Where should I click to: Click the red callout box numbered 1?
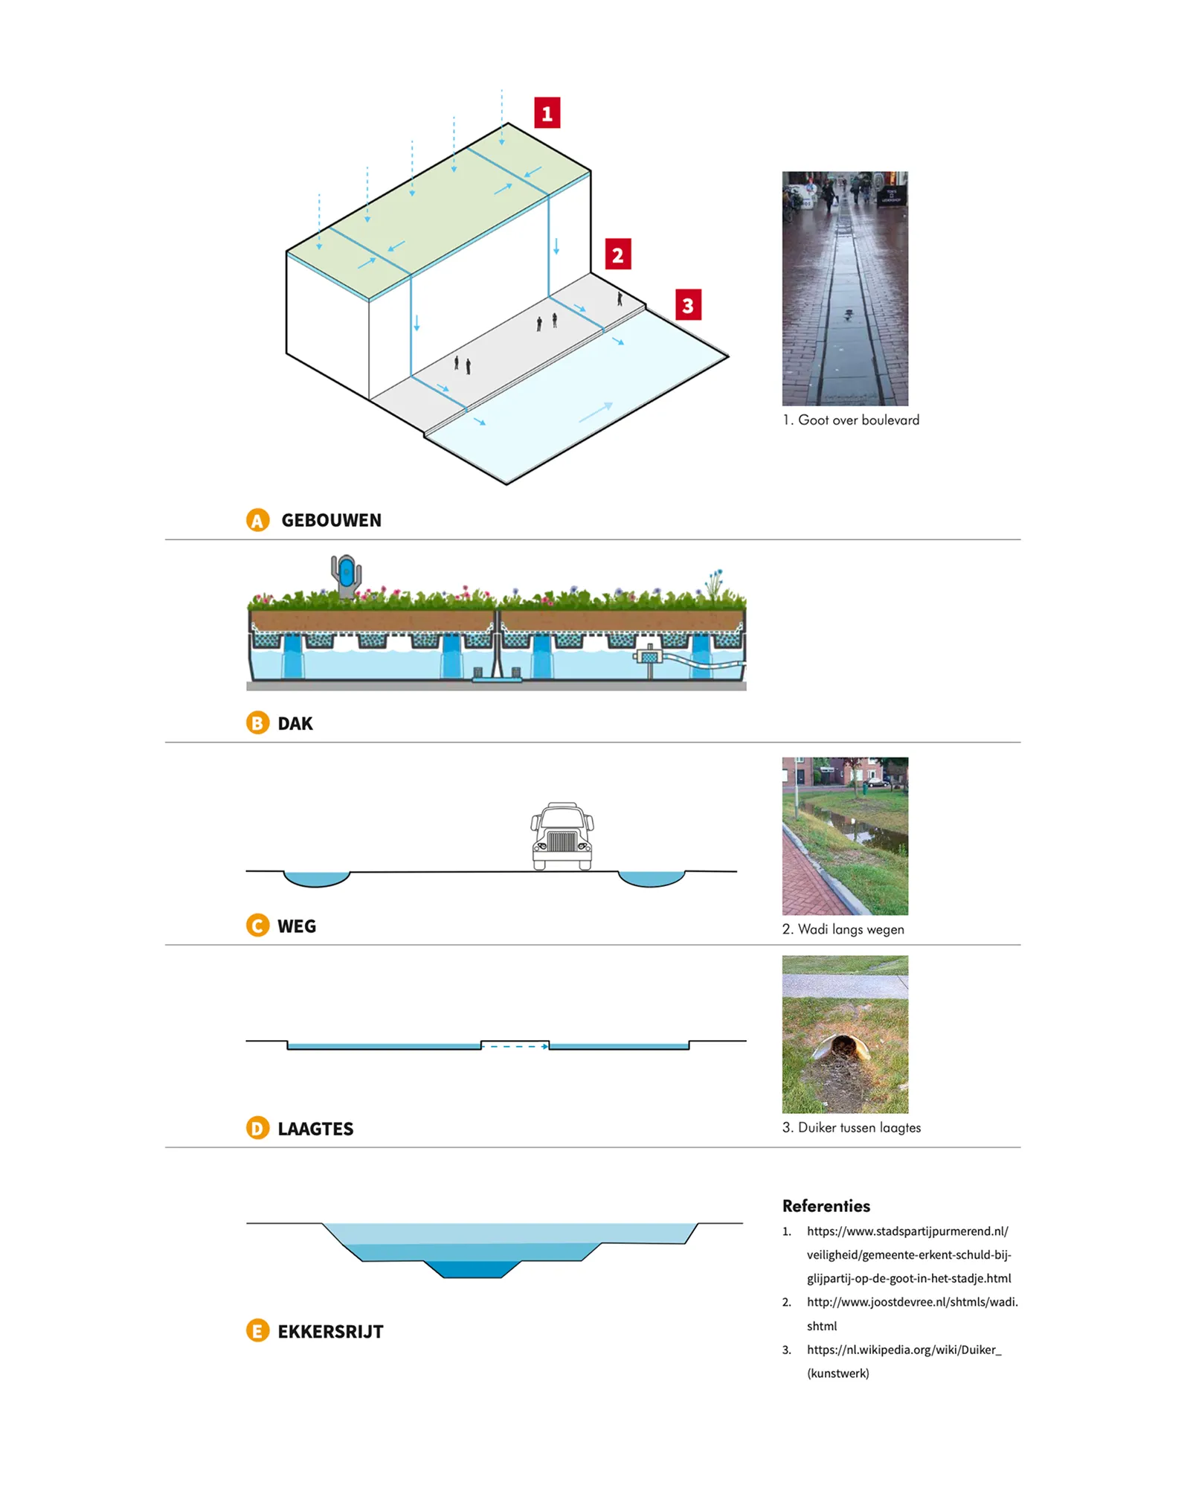click(x=547, y=113)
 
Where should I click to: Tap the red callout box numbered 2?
click(x=617, y=254)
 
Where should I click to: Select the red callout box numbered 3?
click(x=688, y=304)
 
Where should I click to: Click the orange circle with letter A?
click(x=257, y=520)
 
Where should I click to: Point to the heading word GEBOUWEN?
click(x=331, y=520)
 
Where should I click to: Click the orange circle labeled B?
click(x=257, y=722)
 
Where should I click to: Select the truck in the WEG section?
click(x=562, y=836)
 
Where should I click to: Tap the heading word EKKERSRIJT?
click(x=330, y=1331)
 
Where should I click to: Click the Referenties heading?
click(x=826, y=1205)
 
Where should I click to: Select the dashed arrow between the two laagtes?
click(x=515, y=1046)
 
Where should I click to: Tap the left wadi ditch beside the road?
click(x=317, y=879)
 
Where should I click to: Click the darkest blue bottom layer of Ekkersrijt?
click(x=472, y=1269)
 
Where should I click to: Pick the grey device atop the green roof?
click(x=346, y=575)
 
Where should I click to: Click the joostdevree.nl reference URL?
click(x=912, y=1302)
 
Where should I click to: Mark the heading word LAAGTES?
click(x=315, y=1129)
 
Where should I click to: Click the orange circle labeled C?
click(x=257, y=926)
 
